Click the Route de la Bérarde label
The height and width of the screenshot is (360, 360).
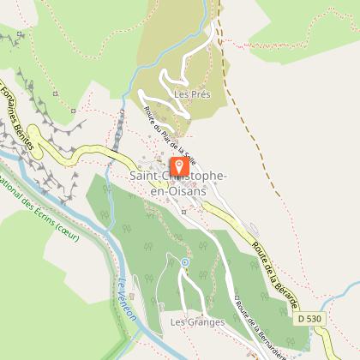[274, 262]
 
